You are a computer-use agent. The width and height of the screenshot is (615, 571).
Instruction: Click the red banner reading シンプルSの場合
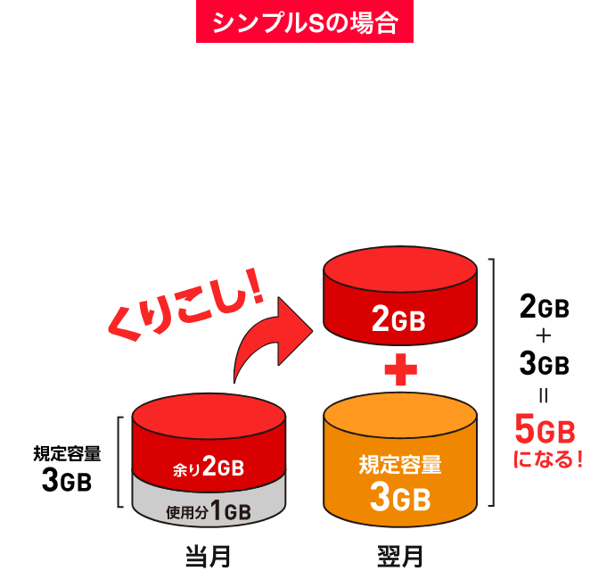point(305,21)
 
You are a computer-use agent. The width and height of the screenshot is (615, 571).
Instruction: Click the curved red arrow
point(273,340)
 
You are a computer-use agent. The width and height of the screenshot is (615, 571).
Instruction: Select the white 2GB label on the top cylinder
point(398,319)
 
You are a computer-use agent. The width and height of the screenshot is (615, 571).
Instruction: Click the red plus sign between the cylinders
point(400,369)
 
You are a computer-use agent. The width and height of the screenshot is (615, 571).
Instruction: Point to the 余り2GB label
point(209,467)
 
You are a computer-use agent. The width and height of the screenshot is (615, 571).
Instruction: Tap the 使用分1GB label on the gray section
point(209,510)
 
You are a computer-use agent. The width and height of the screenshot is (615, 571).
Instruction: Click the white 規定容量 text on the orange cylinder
point(400,465)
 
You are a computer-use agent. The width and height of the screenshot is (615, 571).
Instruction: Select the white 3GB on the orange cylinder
point(400,497)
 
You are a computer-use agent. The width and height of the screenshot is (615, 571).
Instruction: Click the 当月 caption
point(208,557)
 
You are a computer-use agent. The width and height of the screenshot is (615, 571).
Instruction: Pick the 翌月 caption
point(400,557)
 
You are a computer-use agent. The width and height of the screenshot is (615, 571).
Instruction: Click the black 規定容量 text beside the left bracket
point(67,454)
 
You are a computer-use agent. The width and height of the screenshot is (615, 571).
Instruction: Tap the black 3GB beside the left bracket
point(67,480)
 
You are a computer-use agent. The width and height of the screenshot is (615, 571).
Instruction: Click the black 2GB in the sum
point(545,307)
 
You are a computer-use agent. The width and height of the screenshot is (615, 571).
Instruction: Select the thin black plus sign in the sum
point(544,335)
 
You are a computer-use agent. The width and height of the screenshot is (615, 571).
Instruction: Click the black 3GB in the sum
point(545,363)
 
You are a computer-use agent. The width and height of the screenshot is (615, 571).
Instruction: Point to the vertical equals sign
point(544,395)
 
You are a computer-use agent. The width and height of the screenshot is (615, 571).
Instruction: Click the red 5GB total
point(545,430)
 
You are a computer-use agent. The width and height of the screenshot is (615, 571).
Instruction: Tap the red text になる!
point(548,459)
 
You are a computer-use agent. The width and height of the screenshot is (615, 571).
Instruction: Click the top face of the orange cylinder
point(400,416)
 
